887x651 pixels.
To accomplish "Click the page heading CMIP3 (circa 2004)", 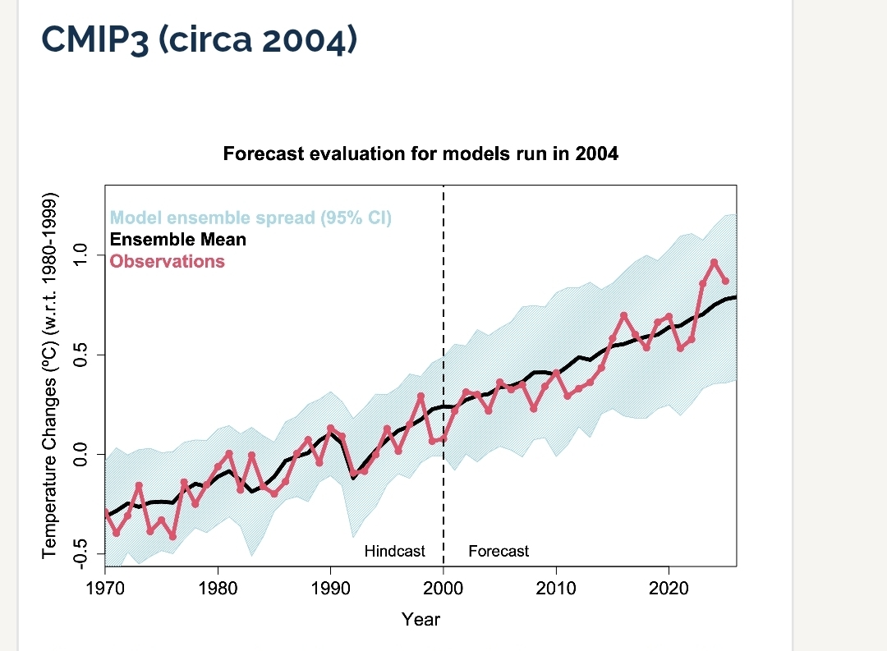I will coord(199,39).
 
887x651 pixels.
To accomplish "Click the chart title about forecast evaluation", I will coord(421,154).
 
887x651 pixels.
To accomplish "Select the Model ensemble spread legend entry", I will coord(251,218).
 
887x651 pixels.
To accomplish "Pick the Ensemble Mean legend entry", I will coord(177,240).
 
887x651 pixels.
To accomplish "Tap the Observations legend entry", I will coord(167,261).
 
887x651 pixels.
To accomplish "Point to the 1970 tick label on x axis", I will coord(105,589).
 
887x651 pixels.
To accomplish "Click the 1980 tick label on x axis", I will coord(218,589).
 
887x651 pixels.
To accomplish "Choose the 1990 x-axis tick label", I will coord(330,589).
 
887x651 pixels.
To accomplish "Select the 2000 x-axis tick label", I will coord(443,589).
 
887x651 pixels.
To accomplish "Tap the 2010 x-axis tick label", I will coord(556,589).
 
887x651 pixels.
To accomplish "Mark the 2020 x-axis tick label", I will coord(669,589).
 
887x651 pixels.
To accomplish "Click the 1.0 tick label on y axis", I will coord(79,256).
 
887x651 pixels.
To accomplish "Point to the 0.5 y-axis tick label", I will coord(79,355).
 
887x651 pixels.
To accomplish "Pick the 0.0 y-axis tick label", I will coord(79,454).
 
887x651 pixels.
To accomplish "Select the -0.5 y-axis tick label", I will coord(79,552).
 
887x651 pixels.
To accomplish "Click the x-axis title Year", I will coord(421,620).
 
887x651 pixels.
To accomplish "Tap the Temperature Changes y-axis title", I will coord(50,376).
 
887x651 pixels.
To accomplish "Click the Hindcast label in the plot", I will coord(394,552).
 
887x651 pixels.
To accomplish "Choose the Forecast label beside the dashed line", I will coord(499,552).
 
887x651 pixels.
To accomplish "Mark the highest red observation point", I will coord(715,263).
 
